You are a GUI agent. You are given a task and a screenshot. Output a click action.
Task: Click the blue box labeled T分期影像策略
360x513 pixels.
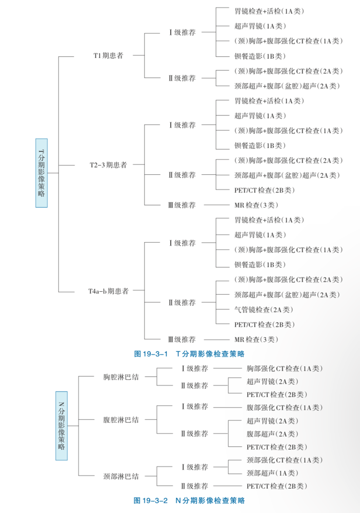coord(42,173)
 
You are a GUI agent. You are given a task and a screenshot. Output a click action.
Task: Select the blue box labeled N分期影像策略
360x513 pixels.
coord(61,426)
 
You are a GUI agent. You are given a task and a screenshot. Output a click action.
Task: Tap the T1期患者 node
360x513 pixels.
coord(108,56)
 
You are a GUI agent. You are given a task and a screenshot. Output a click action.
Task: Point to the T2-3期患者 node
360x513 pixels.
coord(108,165)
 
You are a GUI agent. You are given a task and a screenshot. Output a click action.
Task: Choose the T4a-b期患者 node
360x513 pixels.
coord(108,291)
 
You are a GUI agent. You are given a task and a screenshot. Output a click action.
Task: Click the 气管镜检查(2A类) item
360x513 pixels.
coord(263,309)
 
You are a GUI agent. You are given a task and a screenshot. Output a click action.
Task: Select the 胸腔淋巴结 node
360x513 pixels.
coord(121,377)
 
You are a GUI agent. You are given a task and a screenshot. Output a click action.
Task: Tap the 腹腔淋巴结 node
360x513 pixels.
coord(121,420)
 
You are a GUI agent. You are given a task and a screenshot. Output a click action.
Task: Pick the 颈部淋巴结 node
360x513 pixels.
coord(121,477)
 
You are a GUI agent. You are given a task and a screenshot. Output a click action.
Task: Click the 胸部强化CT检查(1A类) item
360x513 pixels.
coord(285,368)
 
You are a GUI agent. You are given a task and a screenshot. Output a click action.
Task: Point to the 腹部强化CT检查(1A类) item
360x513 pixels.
coord(285,407)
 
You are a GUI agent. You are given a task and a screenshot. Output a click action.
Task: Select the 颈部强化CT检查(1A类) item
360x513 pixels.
coord(285,460)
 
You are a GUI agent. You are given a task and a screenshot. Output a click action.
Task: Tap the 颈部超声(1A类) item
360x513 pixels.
coord(272,473)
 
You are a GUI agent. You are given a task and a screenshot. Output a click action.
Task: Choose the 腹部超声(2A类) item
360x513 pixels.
coord(272,434)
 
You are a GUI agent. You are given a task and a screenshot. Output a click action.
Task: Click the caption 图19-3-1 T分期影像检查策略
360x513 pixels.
coord(189,353)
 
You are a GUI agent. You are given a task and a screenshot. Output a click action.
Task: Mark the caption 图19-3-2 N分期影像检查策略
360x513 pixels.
coord(189,500)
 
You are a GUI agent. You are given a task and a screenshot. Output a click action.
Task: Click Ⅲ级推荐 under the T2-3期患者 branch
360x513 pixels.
coord(182,205)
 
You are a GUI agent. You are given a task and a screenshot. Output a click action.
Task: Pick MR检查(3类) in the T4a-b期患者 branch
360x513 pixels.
coord(256,339)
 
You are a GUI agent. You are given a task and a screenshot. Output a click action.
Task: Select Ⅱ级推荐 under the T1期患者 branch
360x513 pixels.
coord(182,78)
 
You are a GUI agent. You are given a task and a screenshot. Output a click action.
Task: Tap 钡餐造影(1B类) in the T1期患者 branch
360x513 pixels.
coord(260,56)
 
